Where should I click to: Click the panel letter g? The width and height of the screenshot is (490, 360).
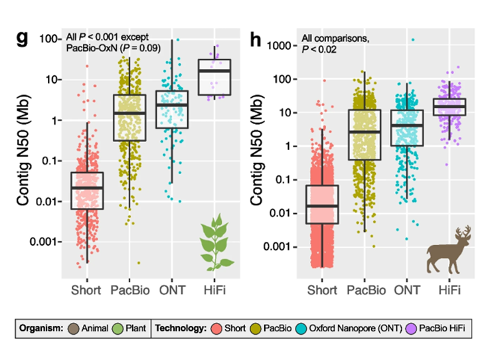click(22, 38)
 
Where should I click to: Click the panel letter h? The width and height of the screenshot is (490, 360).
click(255, 38)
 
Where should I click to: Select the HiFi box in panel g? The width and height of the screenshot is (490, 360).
click(214, 76)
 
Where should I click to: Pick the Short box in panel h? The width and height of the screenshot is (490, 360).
click(321, 205)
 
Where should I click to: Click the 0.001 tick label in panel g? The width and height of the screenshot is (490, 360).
click(46, 241)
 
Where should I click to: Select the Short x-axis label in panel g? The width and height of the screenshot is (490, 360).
click(87, 290)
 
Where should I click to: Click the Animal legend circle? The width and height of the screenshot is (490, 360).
click(74, 327)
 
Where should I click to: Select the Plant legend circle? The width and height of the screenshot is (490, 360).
click(116, 327)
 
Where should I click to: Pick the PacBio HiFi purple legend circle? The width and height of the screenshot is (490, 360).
click(404, 327)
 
